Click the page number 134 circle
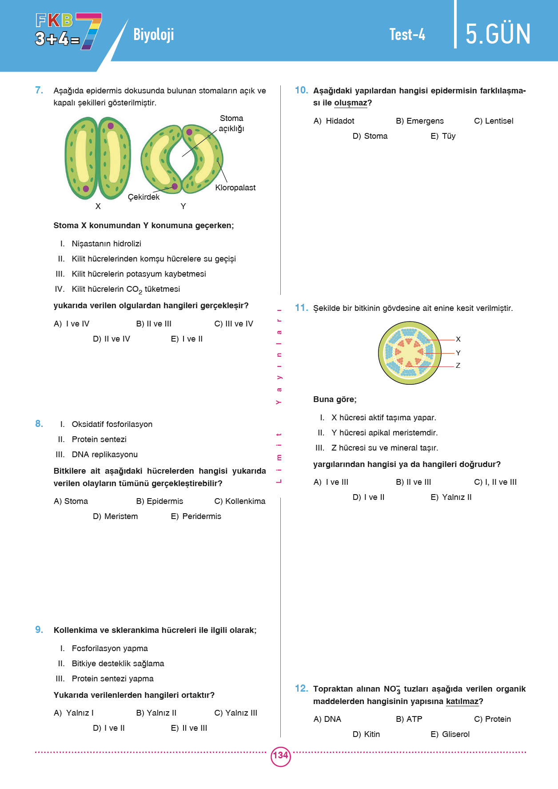(x=280, y=756)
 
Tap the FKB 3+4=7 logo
(x=68, y=31)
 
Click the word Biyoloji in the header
(x=153, y=34)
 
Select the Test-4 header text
(x=407, y=35)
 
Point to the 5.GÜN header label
(x=498, y=34)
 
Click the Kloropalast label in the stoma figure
(x=235, y=188)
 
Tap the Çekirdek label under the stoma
(x=143, y=197)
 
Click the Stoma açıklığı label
(x=231, y=123)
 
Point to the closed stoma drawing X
(x=98, y=158)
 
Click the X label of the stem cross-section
(x=458, y=339)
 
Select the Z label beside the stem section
(x=458, y=366)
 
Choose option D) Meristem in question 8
(x=116, y=516)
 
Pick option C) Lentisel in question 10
(x=494, y=121)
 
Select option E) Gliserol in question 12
(x=450, y=734)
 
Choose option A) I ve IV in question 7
(x=72, y=324)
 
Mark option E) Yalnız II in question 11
(x=451, y=497)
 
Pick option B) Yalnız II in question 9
(x=156, y=713)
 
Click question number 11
(x=301, y=308)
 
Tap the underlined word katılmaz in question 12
(x=462, y=702)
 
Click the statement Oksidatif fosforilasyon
(x=112, y=424)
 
